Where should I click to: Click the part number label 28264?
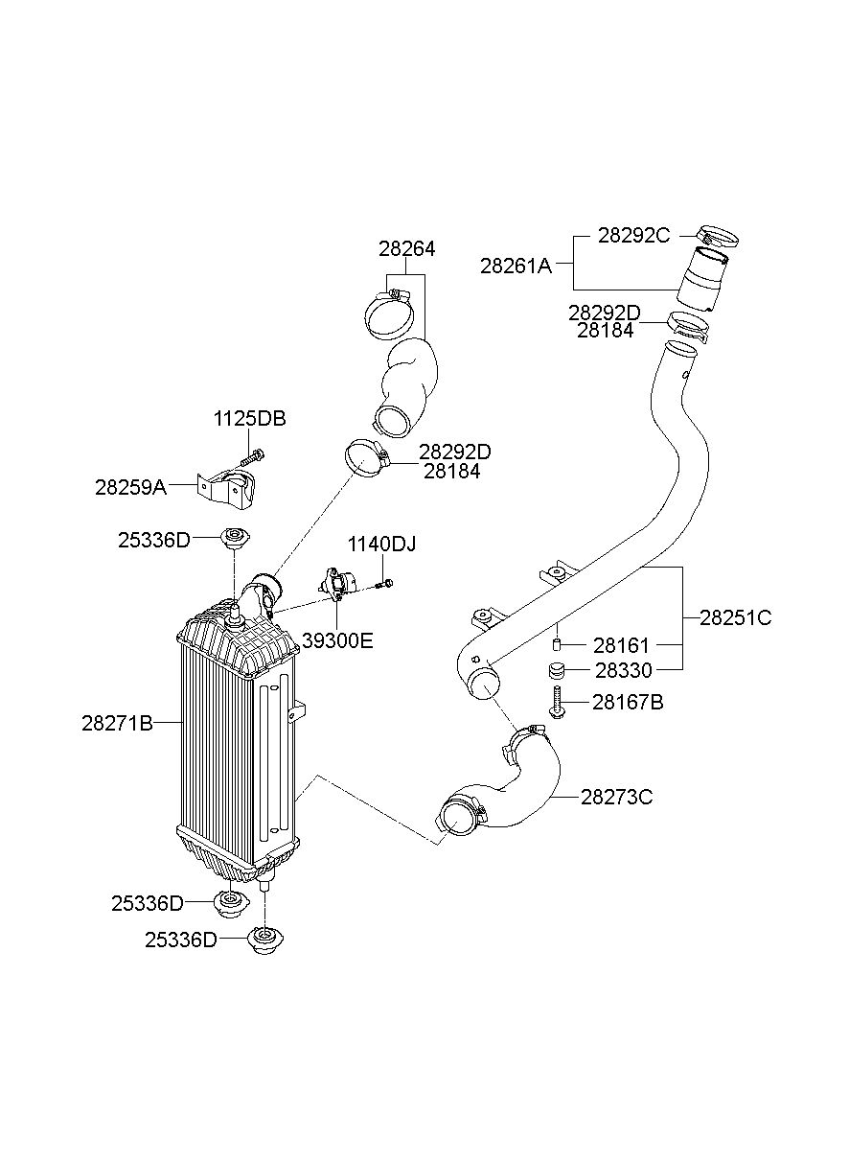(406, 249)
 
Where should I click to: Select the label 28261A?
(516, 266)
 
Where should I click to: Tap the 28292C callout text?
(634, 235)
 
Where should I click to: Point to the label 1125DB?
(250, 419)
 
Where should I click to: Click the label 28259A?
(131, 487)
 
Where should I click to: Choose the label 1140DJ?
(381, 545)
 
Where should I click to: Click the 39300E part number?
(337, 641)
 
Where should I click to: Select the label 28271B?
(118, 723)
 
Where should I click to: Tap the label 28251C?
(736, 617)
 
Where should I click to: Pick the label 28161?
(621, 645)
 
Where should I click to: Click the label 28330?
(624, 670)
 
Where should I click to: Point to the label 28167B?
(628, 703)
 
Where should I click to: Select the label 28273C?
(616, 797)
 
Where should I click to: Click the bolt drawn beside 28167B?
(556, 701)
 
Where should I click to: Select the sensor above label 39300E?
(336, 585)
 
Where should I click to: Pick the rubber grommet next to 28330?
(556, 671)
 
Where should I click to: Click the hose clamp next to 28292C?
(719, 237)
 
